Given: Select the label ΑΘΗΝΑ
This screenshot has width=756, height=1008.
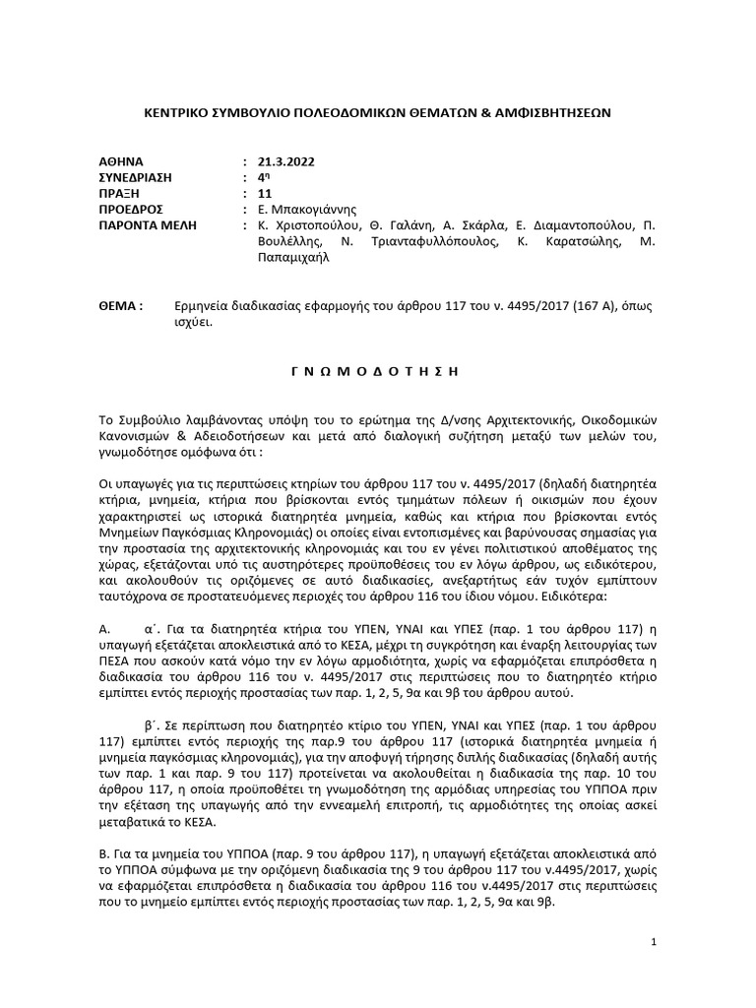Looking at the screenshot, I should point(121,160).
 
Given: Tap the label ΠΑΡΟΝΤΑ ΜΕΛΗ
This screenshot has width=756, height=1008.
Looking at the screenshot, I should point(148,225).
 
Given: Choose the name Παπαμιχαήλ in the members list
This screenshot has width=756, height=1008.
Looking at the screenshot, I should point(292,258).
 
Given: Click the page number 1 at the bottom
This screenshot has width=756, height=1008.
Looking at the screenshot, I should point(654,942).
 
